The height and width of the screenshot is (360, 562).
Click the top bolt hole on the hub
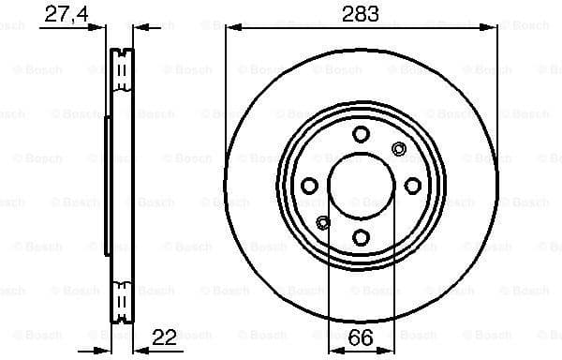[x=362, y=134]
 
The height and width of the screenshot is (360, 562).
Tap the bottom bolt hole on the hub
[x=362, y=237]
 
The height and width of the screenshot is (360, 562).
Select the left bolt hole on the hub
[x=310, y=186]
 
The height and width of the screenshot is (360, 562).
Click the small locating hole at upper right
[x=398, y=148]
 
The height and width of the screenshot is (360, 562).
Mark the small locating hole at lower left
[x=324, y=222]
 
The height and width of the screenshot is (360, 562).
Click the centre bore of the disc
[x=362, y=186]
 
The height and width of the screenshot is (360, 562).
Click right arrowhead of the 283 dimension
[x=493, y=27]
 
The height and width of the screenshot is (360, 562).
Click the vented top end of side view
[x=119, y=67]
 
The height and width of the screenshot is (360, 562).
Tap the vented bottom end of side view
[x=119, y=302]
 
